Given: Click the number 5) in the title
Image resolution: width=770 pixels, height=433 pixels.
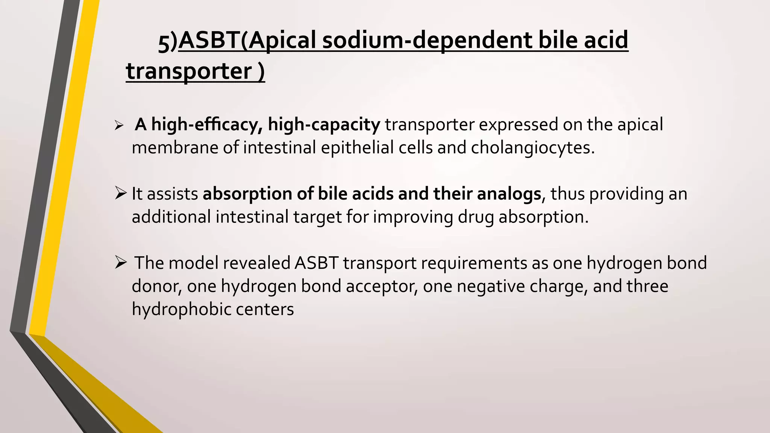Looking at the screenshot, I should point(167,43).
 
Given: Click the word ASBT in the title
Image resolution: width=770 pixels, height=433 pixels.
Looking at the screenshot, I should point(209,41).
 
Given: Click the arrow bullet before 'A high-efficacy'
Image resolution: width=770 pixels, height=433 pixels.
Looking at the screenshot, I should point(119,126).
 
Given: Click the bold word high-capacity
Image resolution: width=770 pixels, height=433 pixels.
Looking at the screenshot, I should point(324,125).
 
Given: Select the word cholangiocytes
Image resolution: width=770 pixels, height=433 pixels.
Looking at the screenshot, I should point(532,148).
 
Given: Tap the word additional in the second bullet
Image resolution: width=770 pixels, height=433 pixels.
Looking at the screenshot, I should point(171,217).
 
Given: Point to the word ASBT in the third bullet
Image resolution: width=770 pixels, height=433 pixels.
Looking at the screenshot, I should point(316,263).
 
